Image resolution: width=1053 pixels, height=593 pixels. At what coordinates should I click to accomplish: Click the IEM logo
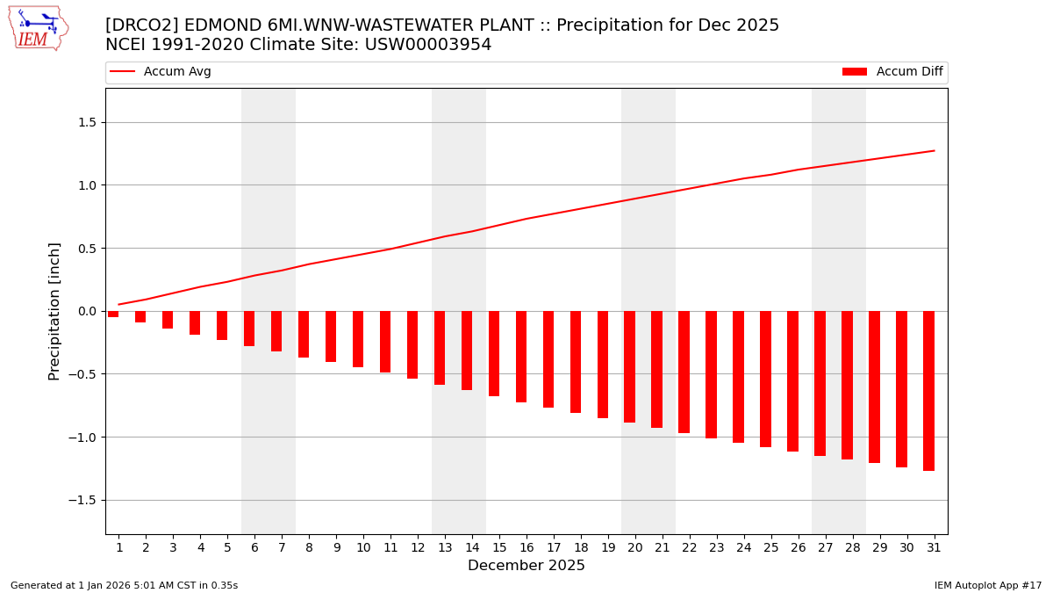tap(38, 28)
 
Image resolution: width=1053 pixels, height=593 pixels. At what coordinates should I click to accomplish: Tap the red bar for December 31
tap(928, 391)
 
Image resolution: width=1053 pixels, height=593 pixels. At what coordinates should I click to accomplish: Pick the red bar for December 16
tap(521, 357)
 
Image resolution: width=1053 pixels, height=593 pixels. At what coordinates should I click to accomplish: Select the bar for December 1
tap(113, 314)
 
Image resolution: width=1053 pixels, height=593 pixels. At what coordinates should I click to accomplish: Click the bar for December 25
tap(765, 379)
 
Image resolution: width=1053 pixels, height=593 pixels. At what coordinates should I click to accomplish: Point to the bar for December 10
tap(358, 339)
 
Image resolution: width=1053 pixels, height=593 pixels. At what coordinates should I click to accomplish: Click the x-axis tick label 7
tap(282, 548)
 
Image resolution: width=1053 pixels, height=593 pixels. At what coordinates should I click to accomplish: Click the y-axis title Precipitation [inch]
tap(55, 311)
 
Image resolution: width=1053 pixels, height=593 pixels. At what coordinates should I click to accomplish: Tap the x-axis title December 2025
tap(526, 566)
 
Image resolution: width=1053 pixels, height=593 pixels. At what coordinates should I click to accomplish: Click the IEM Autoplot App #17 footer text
tap(988, 585)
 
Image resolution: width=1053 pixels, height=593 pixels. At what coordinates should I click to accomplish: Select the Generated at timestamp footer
tap(124, 585)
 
